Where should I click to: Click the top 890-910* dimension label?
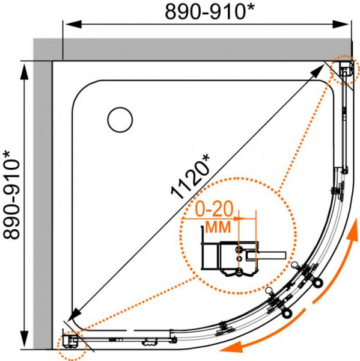coord(210,11)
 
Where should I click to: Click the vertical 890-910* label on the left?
coord(11,195)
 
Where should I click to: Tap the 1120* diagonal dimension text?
coord(191,176)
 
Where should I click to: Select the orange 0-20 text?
coord(214,209)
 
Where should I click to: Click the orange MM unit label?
coord(218,227)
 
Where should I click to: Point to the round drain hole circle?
coord(120,120)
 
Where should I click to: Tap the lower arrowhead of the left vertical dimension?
coord(24,340)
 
